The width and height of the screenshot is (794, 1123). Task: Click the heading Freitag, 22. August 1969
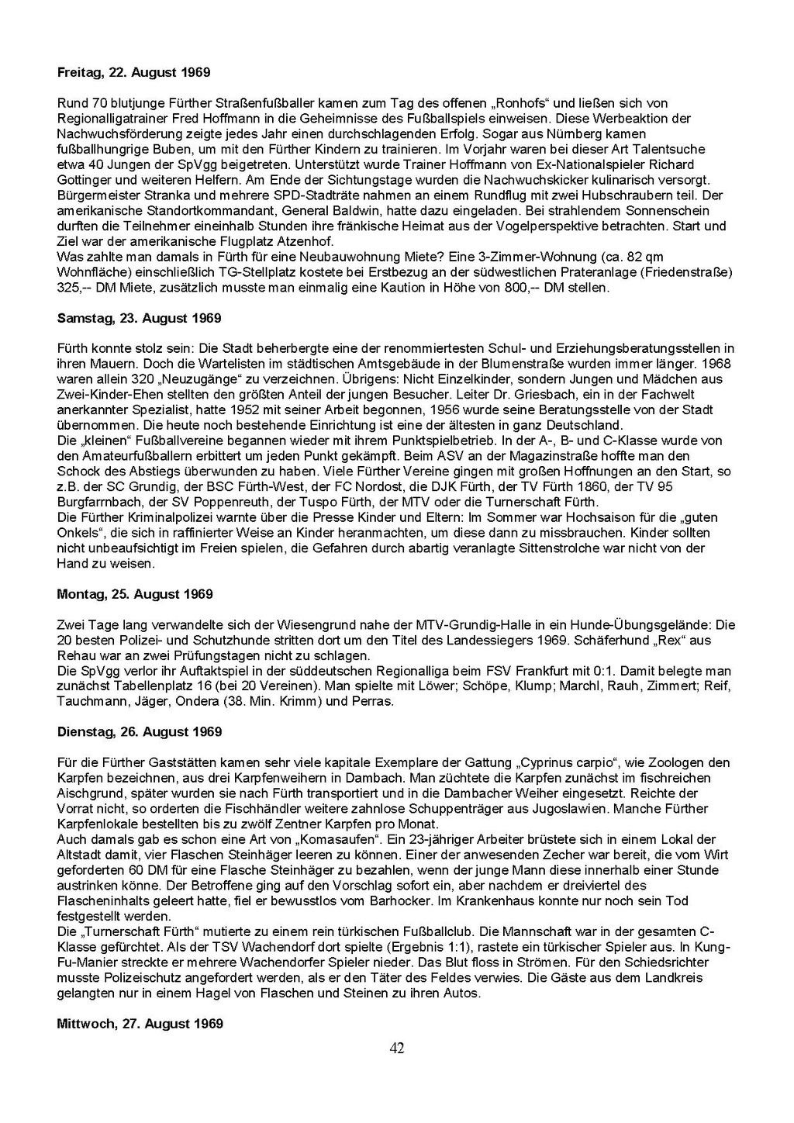pos(133,73)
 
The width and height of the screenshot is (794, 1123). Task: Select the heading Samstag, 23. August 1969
pos(140,318)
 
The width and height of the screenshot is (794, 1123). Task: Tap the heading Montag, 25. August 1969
pos(135,594)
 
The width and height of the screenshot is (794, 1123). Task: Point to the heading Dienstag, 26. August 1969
pos(140,732)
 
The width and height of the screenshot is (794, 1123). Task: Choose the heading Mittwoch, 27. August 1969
pos(140,1024)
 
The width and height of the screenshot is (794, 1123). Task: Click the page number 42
pos(396,1049)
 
